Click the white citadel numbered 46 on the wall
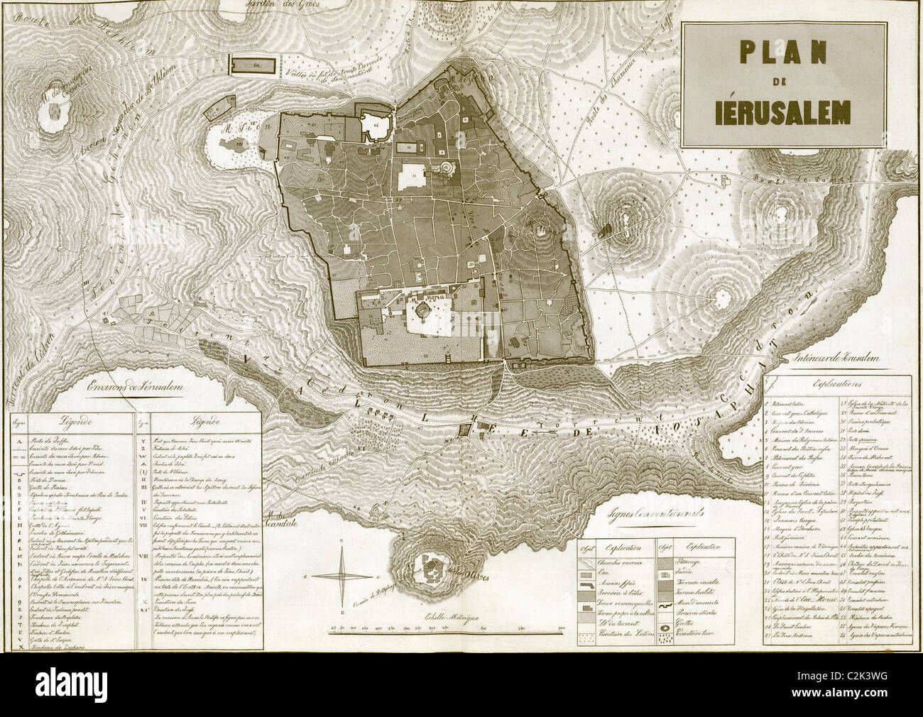coord(374,126)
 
